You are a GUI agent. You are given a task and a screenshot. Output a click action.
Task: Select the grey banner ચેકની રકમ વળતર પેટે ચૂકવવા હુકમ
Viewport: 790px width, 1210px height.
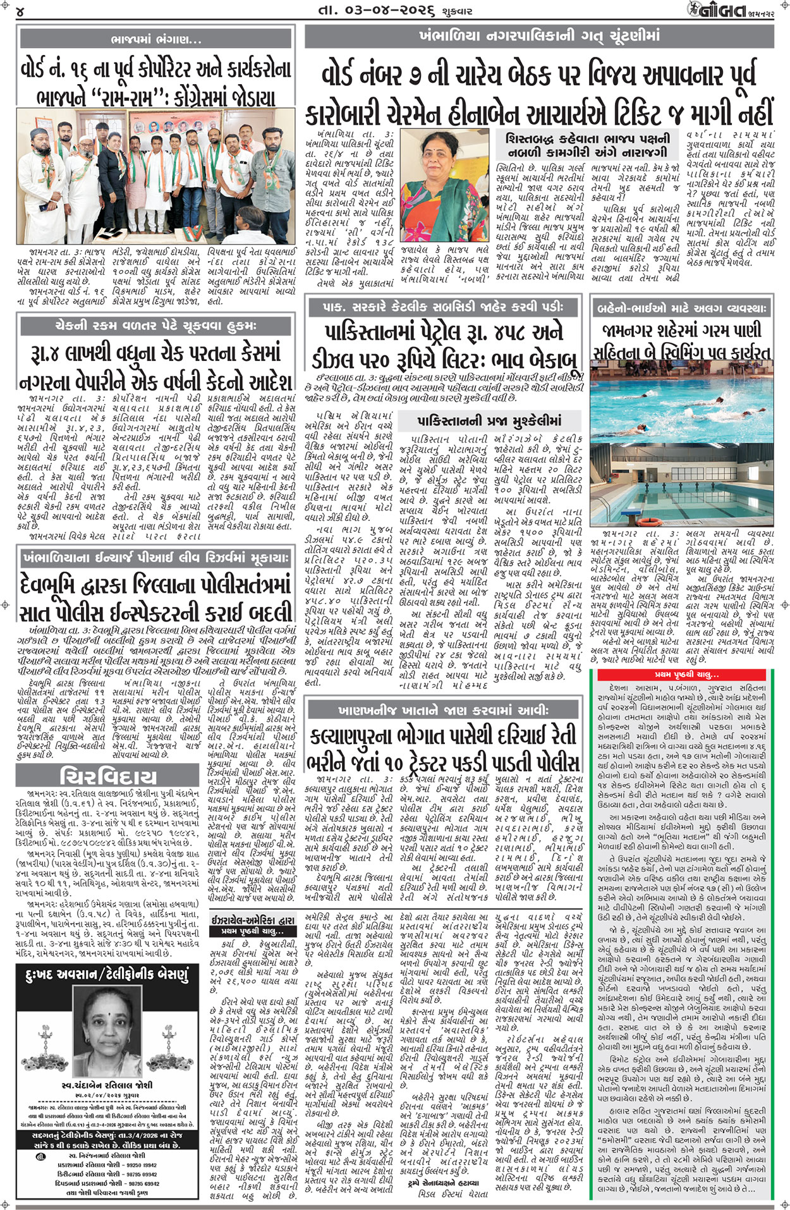157,326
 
